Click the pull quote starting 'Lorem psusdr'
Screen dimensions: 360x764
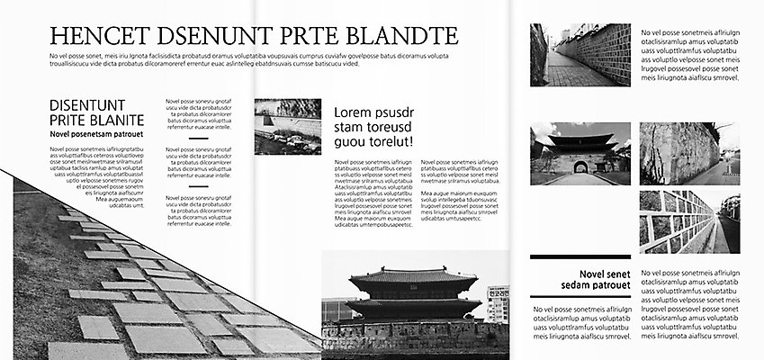coord(373,127)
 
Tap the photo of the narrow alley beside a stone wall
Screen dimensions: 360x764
coord(580,55)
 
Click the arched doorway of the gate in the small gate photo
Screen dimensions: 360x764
coord(580,166)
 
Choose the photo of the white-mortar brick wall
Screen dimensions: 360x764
coord(689,221)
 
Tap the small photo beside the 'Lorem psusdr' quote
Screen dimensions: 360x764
coord(288,126)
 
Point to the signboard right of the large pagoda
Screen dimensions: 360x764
coord(498,304)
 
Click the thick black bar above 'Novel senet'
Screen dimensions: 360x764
coord(580,257)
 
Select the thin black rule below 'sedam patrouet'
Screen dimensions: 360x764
coord(580,297)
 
